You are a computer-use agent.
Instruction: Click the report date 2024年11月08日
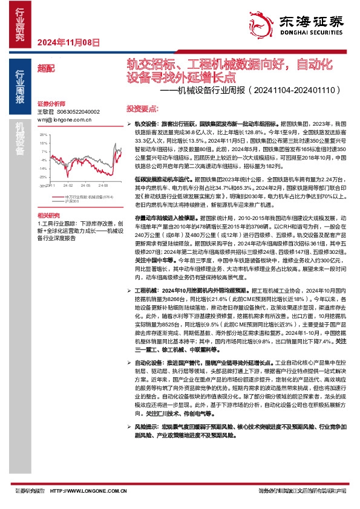68,42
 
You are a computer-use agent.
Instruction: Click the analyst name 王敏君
45,112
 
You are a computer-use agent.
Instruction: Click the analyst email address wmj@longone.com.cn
64,120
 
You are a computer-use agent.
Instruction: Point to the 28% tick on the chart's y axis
43,135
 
